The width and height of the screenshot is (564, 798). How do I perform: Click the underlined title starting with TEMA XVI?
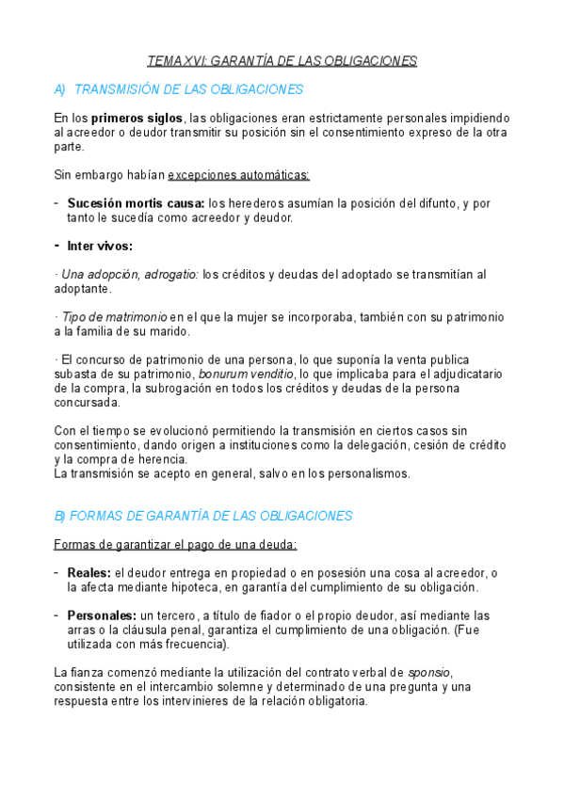[x=282, y=61]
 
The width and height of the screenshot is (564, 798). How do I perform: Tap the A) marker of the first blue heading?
[x=60, y=89]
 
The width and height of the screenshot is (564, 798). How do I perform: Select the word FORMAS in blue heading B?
[x=98, y=516]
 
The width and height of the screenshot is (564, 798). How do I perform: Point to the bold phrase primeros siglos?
[x=137, y=118]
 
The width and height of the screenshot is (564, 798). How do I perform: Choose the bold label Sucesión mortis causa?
[x=136, y=203]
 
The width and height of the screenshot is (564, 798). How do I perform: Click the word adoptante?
[x=83, y=289]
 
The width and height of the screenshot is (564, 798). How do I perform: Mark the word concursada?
[x=88, y=402]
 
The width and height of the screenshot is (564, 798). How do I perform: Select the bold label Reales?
[x=89, y=573]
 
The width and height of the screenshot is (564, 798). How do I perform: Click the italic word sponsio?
[x=429, y=673]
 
